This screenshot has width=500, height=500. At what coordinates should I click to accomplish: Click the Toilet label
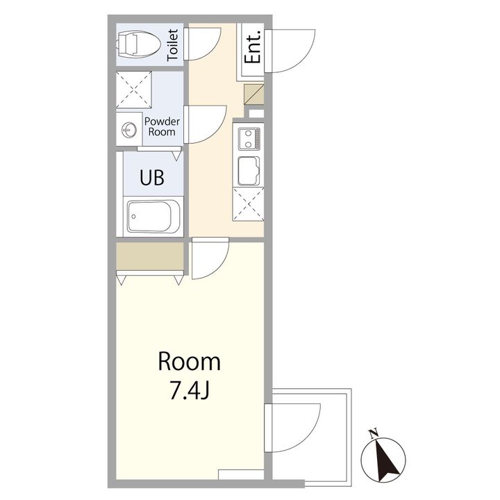(x=173, y=45)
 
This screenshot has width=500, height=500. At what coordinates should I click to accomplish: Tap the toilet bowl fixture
(x=138, y=44)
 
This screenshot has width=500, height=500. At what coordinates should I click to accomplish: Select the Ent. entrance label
(x=253, y=47)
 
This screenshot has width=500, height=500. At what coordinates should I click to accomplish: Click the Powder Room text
(x=162, y=126)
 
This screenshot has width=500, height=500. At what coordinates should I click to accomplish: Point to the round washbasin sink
(x=129, y=130)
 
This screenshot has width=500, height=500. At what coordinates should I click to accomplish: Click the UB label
(x=152, y=177)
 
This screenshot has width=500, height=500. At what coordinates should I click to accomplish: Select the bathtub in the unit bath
(x=153, y=217)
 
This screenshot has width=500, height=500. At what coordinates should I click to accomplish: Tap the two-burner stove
(x=249, y=139)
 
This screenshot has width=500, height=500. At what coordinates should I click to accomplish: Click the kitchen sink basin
(x=249, y=171)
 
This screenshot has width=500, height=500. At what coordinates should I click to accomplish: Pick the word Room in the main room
(x=190, y=362)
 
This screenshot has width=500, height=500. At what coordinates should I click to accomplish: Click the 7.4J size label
(x=190, y=390)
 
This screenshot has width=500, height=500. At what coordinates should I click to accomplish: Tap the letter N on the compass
(x=374, y=433)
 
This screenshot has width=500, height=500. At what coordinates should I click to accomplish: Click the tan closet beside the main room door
(x=150, y=256)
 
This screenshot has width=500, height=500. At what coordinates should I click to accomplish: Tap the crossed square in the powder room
(x=133, y=90)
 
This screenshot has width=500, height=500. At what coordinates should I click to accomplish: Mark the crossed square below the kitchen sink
(x=249, y=204)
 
